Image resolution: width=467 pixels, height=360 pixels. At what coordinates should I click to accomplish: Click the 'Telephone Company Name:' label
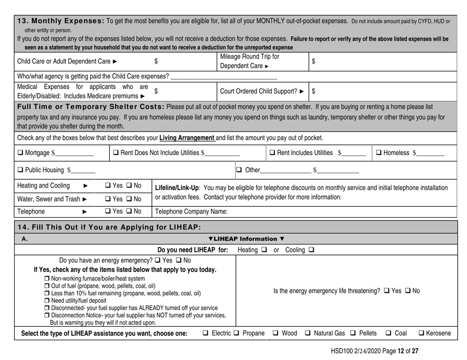click(186, 213)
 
